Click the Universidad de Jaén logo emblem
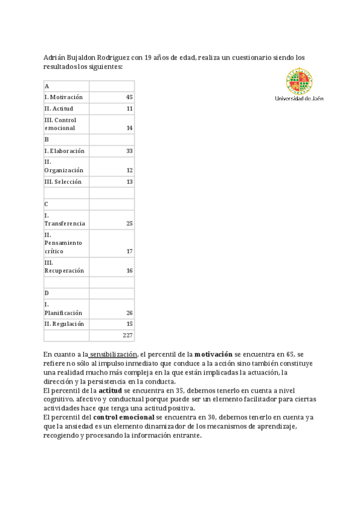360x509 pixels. [x=299, y=80]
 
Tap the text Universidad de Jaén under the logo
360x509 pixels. [x=299, y=98]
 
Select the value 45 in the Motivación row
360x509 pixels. [x=129, y=97]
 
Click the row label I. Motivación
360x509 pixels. [x=64, y=97]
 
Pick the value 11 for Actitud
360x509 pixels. [x=129, y=109]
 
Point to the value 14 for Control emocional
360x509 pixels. [x=129, y=128]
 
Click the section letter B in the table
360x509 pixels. [x=47, y=139]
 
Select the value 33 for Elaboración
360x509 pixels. [x=129, y=151]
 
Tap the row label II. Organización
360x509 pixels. [x=64, y=166]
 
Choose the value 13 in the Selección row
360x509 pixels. [x=129, y=181]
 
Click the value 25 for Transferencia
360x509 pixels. [x=129, y=223]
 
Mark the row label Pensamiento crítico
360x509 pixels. [x=62, y=243]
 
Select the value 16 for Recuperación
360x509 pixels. [x=129, y=271]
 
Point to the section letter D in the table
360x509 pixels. [x=47, y=293]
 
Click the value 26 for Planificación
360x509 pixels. [x=129, y=313]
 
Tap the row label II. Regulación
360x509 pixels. [x=64, y=324]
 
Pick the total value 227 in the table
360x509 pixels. [x=127, y=336]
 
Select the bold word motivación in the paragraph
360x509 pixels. [x=213, y=355]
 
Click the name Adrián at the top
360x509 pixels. [x=55, y=58]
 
